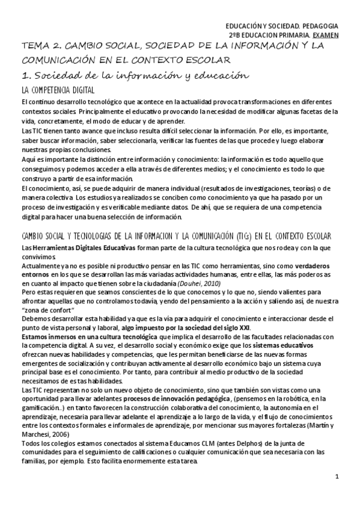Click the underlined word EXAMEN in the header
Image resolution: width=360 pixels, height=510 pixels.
(325, 35)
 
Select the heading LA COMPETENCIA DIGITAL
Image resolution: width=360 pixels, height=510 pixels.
(58, 90)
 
